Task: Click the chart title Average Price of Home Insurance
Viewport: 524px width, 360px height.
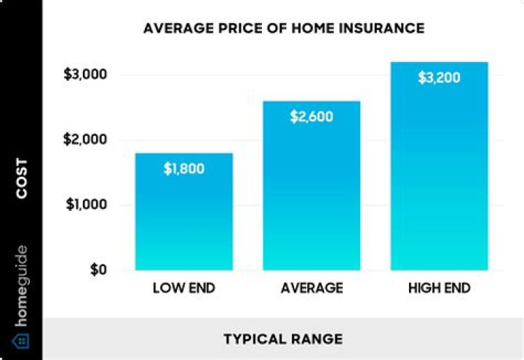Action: (284, 29)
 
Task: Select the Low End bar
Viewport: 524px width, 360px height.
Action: (184, 218)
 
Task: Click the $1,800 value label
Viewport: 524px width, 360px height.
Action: (184, 169)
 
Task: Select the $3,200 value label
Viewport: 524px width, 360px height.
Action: (439, 78)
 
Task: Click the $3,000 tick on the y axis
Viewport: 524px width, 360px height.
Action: (87, 75)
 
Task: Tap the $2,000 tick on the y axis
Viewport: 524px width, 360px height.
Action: (87, 140)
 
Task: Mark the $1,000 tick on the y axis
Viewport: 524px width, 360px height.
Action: (87, 205)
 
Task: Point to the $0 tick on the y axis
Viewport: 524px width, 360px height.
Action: (98, 270)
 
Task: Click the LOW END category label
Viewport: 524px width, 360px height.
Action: (184, 288)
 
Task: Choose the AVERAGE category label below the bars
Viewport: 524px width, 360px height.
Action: (311, 288)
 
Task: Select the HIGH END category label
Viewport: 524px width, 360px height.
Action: (439, 288)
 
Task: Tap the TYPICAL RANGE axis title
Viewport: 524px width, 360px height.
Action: (283, 339)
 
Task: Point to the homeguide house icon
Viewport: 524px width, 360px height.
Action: (21, 340)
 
